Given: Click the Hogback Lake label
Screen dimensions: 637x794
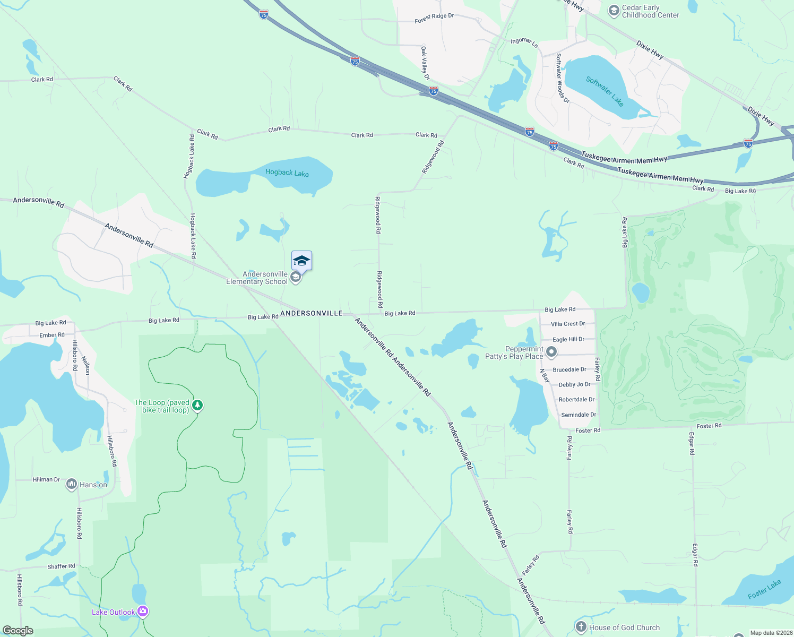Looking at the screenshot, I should pos(287,173).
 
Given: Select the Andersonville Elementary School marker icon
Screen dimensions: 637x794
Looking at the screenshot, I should pos(296,278).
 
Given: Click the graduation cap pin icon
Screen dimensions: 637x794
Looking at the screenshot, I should pos(301,261).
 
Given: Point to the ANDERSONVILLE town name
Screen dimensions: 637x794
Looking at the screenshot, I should pos(312,313).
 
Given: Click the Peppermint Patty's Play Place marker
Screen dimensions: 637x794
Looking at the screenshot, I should pos(551,352).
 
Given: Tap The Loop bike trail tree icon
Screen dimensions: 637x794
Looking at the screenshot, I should pos(197,406).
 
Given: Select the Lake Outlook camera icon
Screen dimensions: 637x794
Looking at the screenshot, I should pos(143,612).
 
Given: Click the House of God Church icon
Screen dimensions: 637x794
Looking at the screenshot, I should pos(581,627).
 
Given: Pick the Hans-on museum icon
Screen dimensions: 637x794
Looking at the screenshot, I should pos(71,484).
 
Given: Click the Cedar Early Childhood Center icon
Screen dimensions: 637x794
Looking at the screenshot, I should pos(614,11).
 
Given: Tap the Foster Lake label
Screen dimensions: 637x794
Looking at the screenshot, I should pos(764,590).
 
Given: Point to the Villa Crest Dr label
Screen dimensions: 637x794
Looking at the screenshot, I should pos(567,324).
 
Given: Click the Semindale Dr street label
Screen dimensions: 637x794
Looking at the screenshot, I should pos(579,415).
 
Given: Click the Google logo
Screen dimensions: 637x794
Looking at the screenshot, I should pos(18,631).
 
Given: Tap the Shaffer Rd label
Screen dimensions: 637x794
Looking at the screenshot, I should pos(62,566).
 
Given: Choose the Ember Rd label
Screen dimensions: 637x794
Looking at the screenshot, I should pos(52,335).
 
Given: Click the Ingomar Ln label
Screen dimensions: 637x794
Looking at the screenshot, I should pos(524,42).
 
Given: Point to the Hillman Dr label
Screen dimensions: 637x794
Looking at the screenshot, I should pos(46,479).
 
